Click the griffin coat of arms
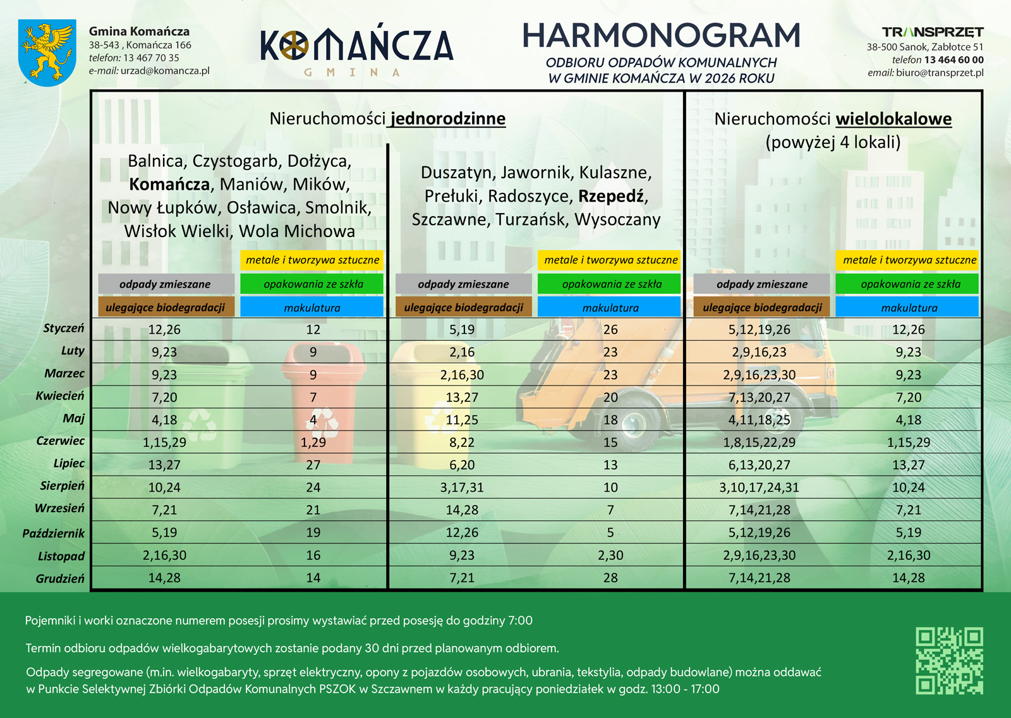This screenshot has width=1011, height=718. coord(47,52)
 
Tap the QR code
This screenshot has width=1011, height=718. coord(949,660)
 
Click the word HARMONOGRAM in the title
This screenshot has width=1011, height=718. coord(661,36)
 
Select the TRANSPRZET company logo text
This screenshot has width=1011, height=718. coord(933,32)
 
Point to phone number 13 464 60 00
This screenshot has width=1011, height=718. coord(953,60)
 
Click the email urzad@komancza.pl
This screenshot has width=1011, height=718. coord(165,71)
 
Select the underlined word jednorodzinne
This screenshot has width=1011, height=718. coord(448,119)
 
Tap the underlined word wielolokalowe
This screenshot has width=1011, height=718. coord(893,119)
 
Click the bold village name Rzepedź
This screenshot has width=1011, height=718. coord(612,196)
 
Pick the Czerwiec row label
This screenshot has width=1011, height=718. coord(60,441)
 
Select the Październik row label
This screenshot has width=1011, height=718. coord(53,533)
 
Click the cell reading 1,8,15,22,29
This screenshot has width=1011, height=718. coord(759,442)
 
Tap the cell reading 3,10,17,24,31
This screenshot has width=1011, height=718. coord(759,487)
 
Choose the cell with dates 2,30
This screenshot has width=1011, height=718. coord(610,555)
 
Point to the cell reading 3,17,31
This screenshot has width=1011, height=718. coord(462,487)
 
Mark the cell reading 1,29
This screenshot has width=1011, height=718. coord(313,442)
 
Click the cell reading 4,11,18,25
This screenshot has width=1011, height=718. coord(759,420)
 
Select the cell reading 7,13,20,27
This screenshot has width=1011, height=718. coord(759,398)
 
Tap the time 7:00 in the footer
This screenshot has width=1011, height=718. coord(520,621)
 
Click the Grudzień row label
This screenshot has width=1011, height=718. coord(60,579)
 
